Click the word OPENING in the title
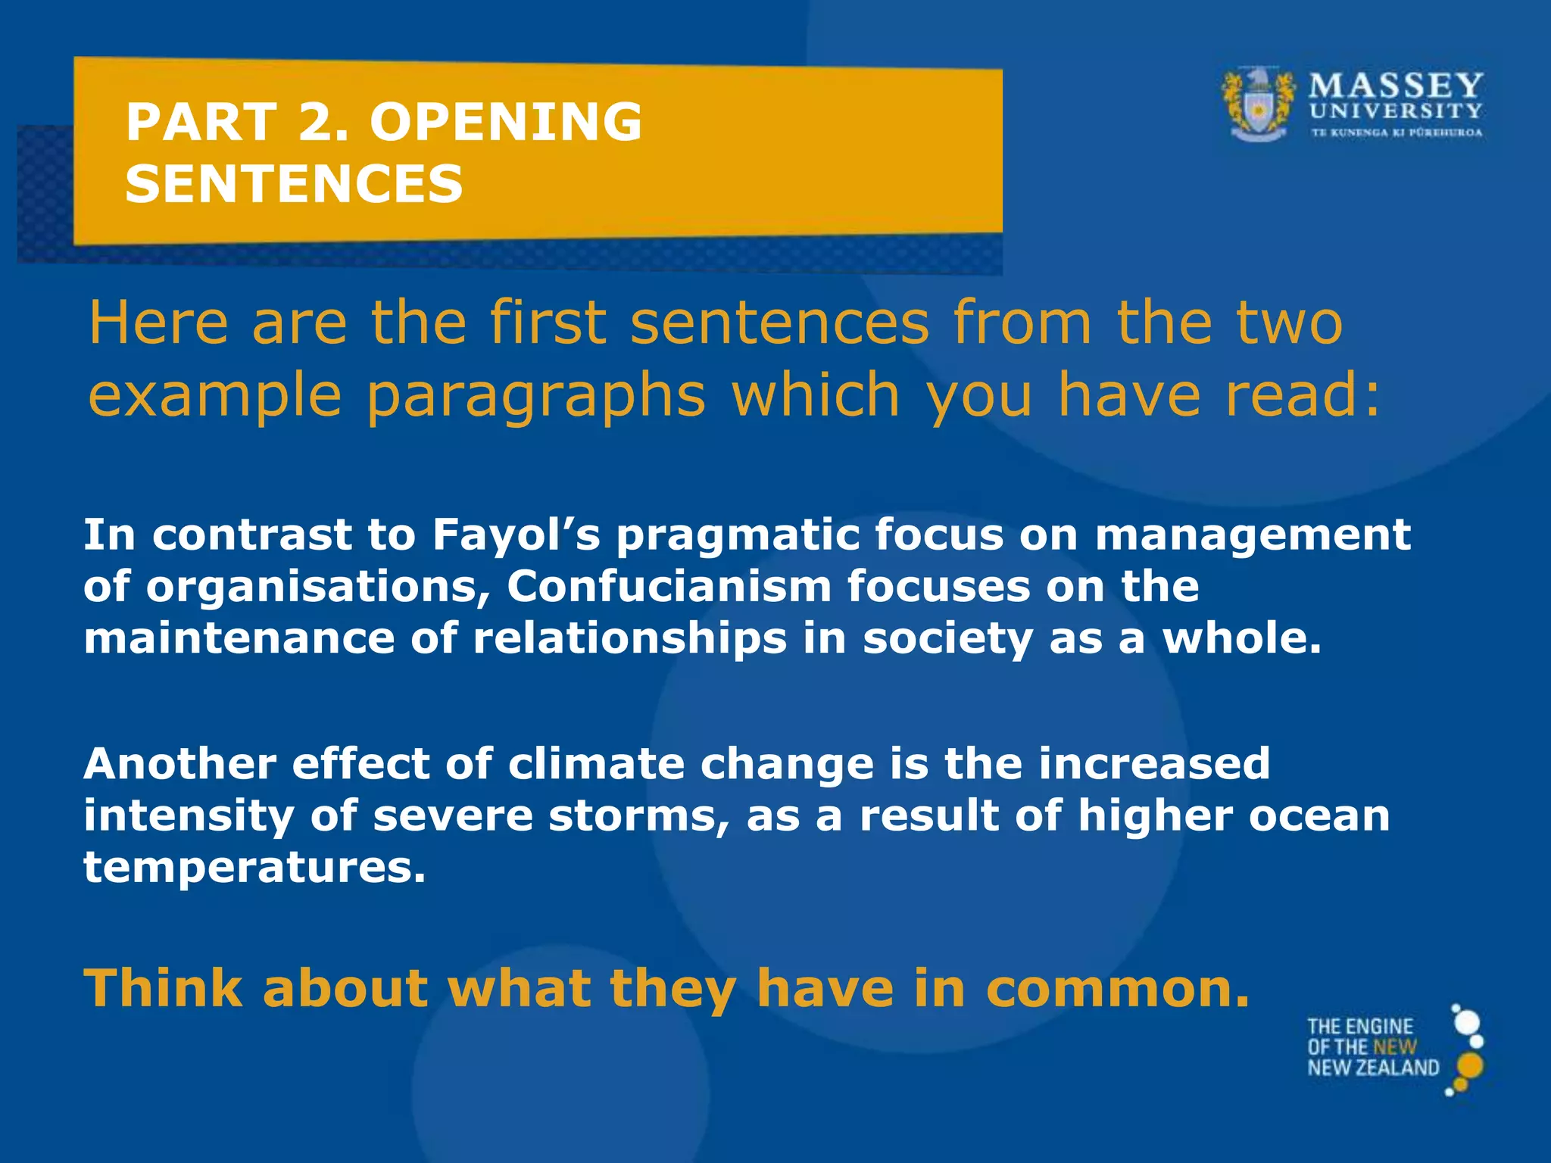pos(506,122)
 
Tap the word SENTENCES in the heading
pos(294,184)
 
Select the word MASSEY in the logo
pos(1396,85)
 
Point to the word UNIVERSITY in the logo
pos(1396,111)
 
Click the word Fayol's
pos(516,535)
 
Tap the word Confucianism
pos(669,586)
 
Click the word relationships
pos(629,638)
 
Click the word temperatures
pos(254,867)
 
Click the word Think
pos(163,989)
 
